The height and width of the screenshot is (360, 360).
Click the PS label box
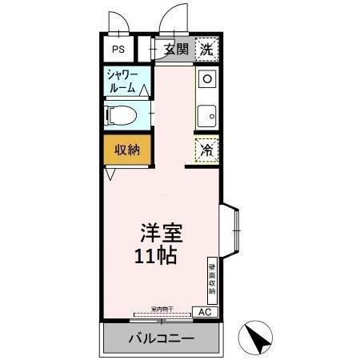tap(118, 49)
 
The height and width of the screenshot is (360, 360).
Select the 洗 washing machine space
tap(206, 48)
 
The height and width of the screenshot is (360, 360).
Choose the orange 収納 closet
tap(126, 149)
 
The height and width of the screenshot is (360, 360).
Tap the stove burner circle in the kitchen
tap(206, 79)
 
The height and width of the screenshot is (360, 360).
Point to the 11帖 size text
tap(155, 258)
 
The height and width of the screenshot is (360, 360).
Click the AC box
tap(204, 312)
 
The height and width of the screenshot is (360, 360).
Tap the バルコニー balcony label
tap(161, 338)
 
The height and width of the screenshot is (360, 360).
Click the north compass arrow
tap(258, 337)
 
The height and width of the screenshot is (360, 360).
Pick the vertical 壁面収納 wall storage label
tap(211, 280)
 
